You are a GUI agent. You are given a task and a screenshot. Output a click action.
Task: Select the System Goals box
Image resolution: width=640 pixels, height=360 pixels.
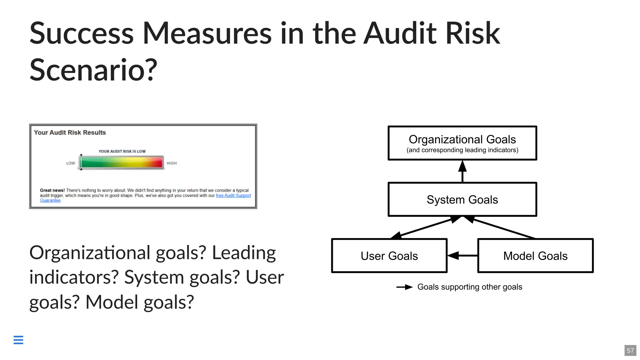[x=462, y=199]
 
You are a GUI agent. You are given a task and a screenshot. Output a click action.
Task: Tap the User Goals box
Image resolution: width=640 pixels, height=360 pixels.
[x=389, y=256]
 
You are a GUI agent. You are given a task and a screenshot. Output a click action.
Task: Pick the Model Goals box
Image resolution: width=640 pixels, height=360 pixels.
[x=535, y=256]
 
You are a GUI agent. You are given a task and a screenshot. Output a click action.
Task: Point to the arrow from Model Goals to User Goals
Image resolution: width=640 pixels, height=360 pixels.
[x=462, y=256]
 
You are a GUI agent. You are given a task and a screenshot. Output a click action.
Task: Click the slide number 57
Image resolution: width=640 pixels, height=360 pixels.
[x=630, y=350]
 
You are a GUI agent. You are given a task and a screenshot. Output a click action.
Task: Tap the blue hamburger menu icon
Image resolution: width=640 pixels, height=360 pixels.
[x=18, y=340]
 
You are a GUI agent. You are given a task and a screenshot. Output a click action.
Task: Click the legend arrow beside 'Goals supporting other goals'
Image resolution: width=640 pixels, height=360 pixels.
[x=404, y=287]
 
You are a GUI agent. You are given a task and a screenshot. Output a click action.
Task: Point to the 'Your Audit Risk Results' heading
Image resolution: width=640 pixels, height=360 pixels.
[x=70, y=132]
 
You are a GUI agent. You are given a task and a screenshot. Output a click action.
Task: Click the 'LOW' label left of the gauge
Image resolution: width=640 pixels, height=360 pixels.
[x=71, y=163]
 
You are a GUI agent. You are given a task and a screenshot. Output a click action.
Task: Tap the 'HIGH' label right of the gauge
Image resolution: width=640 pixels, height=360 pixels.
[x=172, y=163]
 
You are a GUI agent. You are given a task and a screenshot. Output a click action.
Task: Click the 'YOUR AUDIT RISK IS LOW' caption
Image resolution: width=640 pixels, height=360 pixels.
[x=122, y=151]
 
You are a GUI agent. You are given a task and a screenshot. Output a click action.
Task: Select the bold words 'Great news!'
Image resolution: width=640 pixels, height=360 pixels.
[x=52, y=190]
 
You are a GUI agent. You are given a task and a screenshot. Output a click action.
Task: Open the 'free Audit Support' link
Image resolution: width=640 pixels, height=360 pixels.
[x=233, y=196]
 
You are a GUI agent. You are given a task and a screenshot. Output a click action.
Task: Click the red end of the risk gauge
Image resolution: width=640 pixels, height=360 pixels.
[x=158, y=162]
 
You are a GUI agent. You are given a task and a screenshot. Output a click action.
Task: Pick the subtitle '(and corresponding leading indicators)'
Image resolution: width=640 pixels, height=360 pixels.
[x=462, y=150]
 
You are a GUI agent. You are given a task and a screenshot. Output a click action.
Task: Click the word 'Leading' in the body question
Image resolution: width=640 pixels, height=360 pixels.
[x=244, y=252]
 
